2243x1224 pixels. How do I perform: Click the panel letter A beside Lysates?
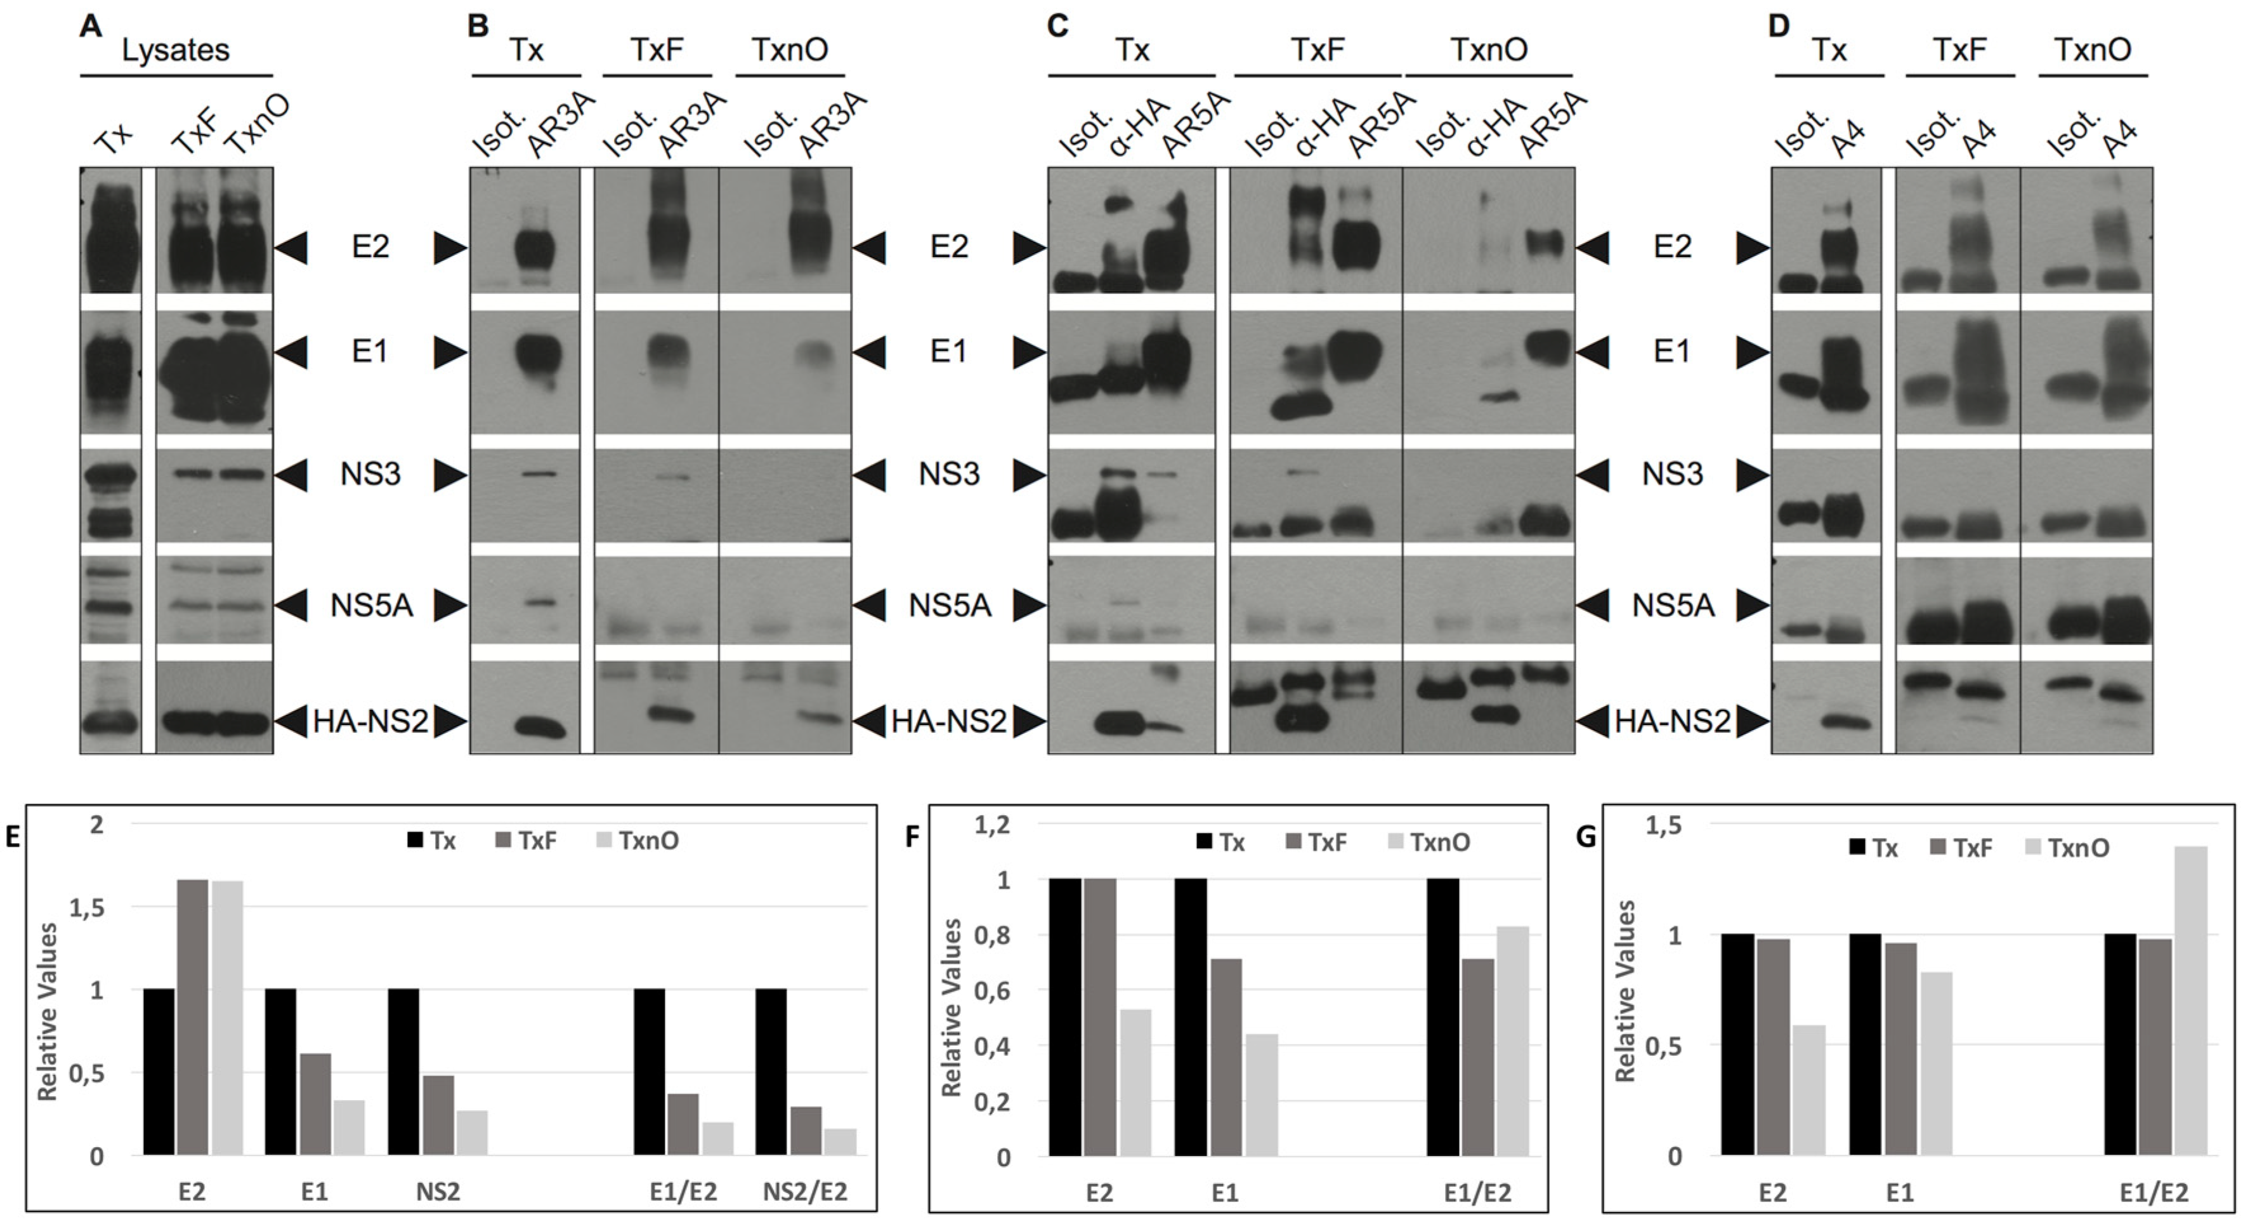91,25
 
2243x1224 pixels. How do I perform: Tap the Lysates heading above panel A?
176,51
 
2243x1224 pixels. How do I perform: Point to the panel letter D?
1779,25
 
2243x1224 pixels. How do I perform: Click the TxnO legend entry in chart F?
1428,842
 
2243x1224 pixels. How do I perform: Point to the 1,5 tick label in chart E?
86,907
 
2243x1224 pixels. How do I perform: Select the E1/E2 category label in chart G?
2154,1191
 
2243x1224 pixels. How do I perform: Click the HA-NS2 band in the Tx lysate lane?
110,723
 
